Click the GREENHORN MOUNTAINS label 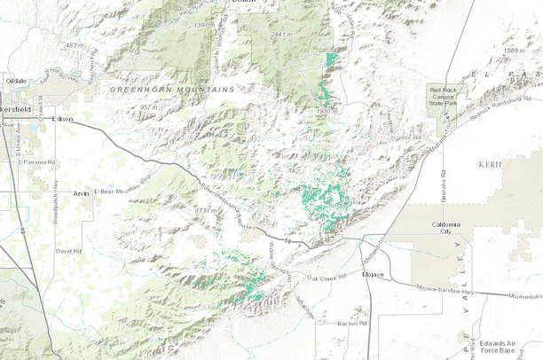[173, 90]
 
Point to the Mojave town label [373, 275]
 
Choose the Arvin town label [82, 192]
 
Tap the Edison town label [62, 118]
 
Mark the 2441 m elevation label [281, 35]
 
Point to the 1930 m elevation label [328, 112]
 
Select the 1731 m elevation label [207, 210]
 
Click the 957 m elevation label [148, 107]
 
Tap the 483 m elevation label [75, 45]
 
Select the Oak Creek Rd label [324, 278]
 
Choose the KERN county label [514, 165]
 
